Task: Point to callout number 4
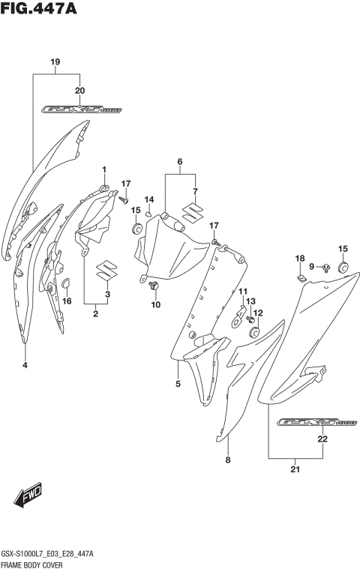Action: tap(25, 365)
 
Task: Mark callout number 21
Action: tap(295, 470)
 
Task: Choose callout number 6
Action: tap(180, 162)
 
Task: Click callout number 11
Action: tap(242, 291)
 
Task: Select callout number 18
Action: tap(299, 259)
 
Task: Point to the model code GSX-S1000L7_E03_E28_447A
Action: tap(46, 553)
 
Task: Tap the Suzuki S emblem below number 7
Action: tap(194, 212)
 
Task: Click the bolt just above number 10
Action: tap(155, 287)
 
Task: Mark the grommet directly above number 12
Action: tap(253, 331)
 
